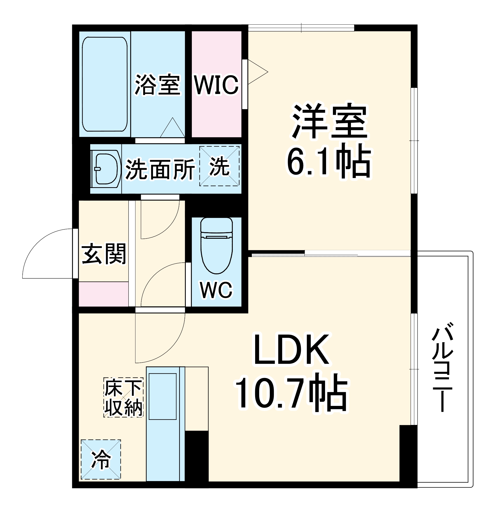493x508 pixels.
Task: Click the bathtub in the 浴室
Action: (x=105, y=84)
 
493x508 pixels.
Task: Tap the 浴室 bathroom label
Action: (x=157, y=85)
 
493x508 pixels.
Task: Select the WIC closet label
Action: (x=217, y=85)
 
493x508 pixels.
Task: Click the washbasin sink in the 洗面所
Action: (x=105, y=169)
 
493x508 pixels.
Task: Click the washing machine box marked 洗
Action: (x=219, y=166)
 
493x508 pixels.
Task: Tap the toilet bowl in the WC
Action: (x=217, y=246)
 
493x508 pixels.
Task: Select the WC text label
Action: (x=216, y=290)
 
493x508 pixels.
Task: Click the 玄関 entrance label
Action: (x=104, y=254)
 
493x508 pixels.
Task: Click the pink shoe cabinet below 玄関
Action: (x=103, y=294)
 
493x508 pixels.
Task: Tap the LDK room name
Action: (x=291, y=350)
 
